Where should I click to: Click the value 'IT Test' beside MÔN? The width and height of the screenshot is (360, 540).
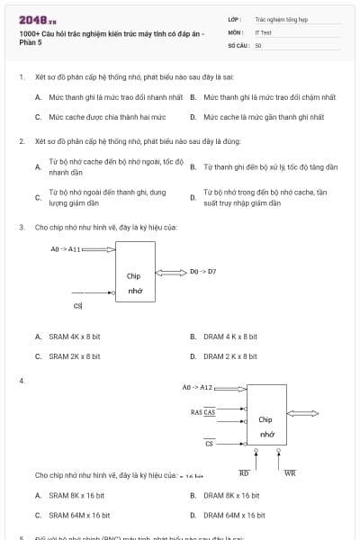pyautogui.click(x=263, y=31)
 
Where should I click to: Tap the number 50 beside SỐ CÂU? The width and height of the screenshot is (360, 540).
pyautogui.click(x=258, y=44)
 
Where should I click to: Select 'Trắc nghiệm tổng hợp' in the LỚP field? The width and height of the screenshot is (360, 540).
pyautogui.click(x=279, y=18)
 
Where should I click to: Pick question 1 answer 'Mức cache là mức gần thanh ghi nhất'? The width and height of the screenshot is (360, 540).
pyautogui.click(x=263, y=117)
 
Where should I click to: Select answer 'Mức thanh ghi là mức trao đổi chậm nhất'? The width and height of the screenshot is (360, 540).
pyautogui.click(x=269, y=96)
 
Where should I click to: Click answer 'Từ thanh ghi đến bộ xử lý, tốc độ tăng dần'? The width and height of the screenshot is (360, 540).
pyautogui.click(x=270, y=167)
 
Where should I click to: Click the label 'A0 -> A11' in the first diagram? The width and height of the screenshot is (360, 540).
pyautogui.click(x=65, y=249)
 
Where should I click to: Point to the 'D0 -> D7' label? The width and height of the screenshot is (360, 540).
pyautogui.click(x=203, y=271)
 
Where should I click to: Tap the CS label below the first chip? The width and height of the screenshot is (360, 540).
pyautogui.click(x=77, y=307)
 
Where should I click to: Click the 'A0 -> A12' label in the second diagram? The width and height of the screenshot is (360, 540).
pyautogui.click(x=197, y=387)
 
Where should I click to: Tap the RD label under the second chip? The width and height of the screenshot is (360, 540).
pyautogui.click(x=244, y=472)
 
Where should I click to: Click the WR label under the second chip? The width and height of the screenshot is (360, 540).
pyautogui.click(x=290, y=472)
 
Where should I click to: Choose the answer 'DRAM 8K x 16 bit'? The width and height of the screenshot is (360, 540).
pyautogui.click(x=231, y=495)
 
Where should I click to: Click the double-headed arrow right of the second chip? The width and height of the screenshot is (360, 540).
pyautogui.click(x=302, y=413)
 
